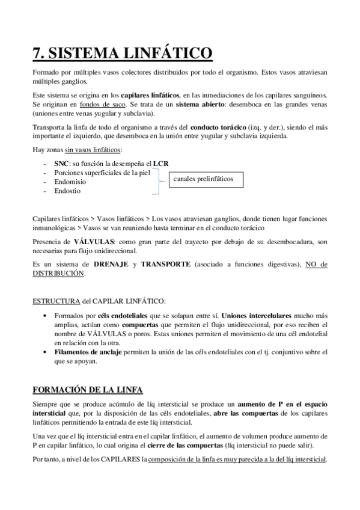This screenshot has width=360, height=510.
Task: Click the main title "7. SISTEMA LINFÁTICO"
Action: pyautogui.click(x=122, y=54)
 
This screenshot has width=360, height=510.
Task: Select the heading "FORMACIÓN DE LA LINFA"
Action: pyautogui.click(x=87, y=390)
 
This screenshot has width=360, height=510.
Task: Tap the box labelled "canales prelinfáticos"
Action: pyautogui.click(x=203, y=179)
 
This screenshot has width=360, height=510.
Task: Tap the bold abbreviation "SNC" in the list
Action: pyautogui.click(x=61, y=163)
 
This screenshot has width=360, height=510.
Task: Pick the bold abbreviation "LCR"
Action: pyautogui.click(x=160, y=163)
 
